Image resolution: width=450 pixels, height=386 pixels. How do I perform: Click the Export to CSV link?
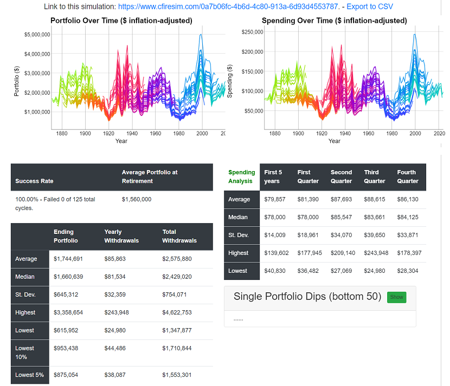(370, 6)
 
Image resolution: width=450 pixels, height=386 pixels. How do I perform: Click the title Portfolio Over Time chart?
(121, 21)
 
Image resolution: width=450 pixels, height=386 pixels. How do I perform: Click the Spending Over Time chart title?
(334, 21)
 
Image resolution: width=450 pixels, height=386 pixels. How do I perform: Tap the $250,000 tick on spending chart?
(252, 32)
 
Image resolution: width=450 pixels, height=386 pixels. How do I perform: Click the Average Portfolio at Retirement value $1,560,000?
(137, 199)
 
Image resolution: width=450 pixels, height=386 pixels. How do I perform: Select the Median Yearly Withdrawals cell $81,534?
(115, 277)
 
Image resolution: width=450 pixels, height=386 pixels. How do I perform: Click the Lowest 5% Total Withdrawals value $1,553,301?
(177, 375)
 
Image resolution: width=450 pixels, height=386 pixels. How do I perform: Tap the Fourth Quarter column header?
(406, 176)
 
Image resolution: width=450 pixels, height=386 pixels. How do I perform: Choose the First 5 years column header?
(273, 176)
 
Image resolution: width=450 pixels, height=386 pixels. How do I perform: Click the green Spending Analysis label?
(241, 176)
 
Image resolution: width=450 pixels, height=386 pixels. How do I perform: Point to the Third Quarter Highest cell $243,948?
(375, 253)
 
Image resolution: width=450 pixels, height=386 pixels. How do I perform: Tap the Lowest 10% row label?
(25, 352)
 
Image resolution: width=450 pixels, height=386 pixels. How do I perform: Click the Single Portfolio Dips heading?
(307, 297)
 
